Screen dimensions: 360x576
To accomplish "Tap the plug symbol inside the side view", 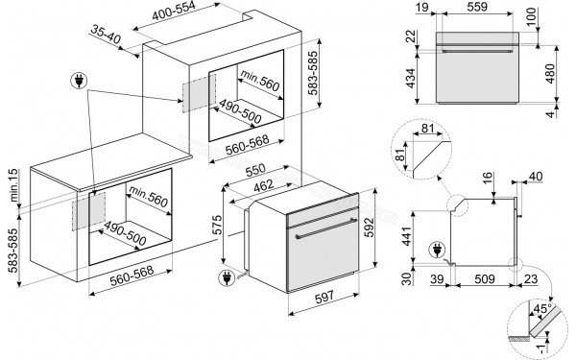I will click(x=440, y=252).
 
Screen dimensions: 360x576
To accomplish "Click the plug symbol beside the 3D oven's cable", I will click(x=228, y=280).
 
